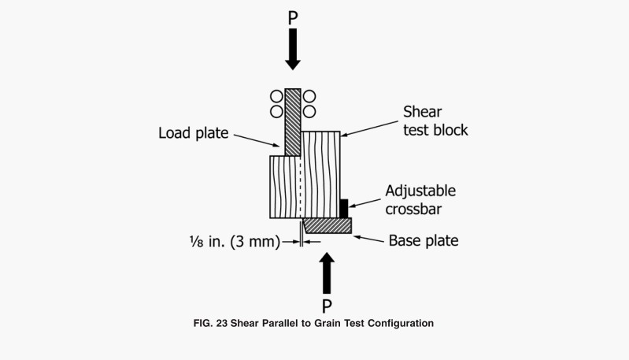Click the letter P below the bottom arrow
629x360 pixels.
coord(327,305)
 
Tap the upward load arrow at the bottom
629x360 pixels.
coord(327,272)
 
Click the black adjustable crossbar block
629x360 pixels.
coord(343,208)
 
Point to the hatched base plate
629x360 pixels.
coord(328,226)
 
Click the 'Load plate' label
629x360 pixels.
coord(193,134)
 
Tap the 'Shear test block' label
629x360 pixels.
coord(435,120)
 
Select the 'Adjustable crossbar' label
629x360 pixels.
coord(420,200)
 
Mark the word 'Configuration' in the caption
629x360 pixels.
coord(399,323)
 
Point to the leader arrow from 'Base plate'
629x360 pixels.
coord(368,237)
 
